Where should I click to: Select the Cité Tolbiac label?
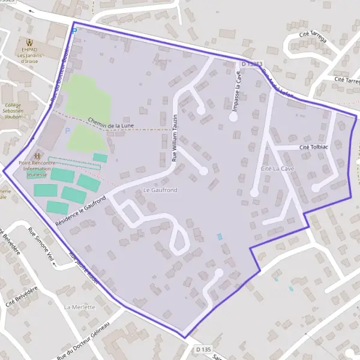pos(314,147)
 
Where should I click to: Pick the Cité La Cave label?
pos(277,169)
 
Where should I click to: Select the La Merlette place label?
pos(79,306)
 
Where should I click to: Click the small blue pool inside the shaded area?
pos(219,237)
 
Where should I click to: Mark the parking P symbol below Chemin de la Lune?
pos(67,131)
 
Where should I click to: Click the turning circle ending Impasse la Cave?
pos(233,118)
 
